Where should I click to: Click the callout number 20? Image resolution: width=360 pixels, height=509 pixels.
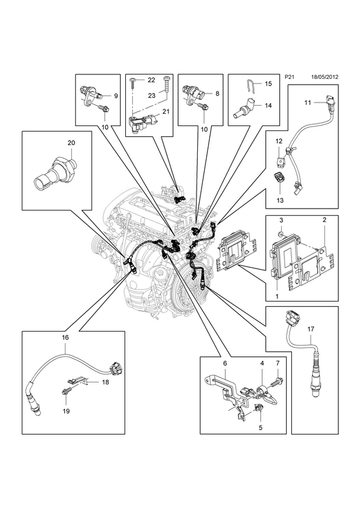[x=71, y=143]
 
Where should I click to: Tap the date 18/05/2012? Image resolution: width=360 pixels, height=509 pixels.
[x=324, y=77]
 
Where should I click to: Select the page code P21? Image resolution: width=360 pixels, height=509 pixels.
[x=289, y=77]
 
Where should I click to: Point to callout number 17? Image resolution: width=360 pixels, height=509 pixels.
[x=310, y=329]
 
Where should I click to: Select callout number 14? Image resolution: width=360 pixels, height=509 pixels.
[x=268, y=106]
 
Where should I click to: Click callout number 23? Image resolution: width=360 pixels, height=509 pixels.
[x=151, y=96]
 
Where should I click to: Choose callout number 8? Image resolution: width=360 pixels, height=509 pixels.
[x=217, y=93]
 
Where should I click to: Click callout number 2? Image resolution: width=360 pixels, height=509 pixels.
[x=324, y=220]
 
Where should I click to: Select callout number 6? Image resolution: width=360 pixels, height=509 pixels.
[x=225, y=364]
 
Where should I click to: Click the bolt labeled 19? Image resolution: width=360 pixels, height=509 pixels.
[x=66, y=393]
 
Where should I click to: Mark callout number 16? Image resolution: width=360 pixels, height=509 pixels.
[x=66, y=337]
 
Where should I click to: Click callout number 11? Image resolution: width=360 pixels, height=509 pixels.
[x=307, y=102]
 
